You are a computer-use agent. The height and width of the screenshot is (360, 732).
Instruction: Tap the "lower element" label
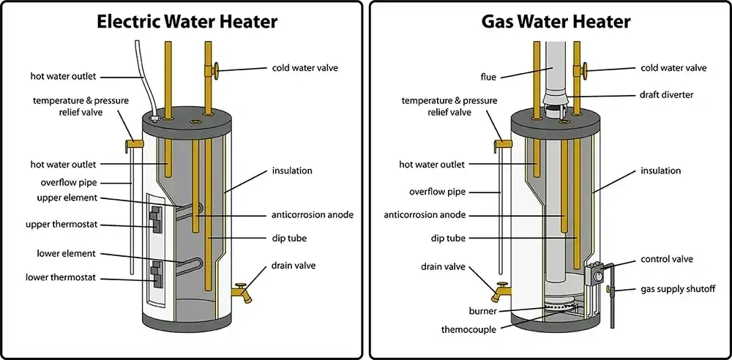[66, 254]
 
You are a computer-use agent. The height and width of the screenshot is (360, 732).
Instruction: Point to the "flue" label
[488, 76]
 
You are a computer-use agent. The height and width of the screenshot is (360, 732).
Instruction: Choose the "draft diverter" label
[666, 95]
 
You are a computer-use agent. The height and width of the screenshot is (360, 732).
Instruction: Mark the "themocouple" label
[469, 330]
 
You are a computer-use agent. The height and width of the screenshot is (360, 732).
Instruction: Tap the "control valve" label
[667, 259]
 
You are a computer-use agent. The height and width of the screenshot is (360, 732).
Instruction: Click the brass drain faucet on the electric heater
[241, 293]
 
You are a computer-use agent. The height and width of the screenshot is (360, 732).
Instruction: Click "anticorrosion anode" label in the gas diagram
[426, 215]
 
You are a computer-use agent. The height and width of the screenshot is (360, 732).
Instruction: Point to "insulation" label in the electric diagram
[292, 170]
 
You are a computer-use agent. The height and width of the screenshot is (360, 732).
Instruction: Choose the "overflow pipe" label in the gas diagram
[438, 192]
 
